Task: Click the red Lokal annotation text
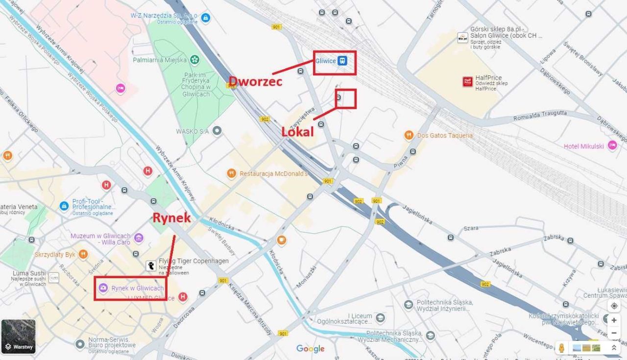(297, 132)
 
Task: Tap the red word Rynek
(171, 218)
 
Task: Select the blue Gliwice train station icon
(343, 61)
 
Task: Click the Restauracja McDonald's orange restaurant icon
(232, 173)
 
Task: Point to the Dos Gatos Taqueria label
(445, 135)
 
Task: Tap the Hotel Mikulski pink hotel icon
(612, 145)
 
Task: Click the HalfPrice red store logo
(468, 82)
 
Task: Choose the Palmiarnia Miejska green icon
(195, 60)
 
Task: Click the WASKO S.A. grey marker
(217, 131)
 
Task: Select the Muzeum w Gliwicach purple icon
(139, 239)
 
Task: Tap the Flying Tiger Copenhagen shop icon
(152, 265)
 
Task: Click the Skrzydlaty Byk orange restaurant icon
(83, 254)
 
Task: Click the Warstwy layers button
(19, 336)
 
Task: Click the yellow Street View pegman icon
(562, 347)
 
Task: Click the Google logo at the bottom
(310, 348)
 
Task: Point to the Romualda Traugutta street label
(540, 116)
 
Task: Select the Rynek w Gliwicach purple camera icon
(103, 288)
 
